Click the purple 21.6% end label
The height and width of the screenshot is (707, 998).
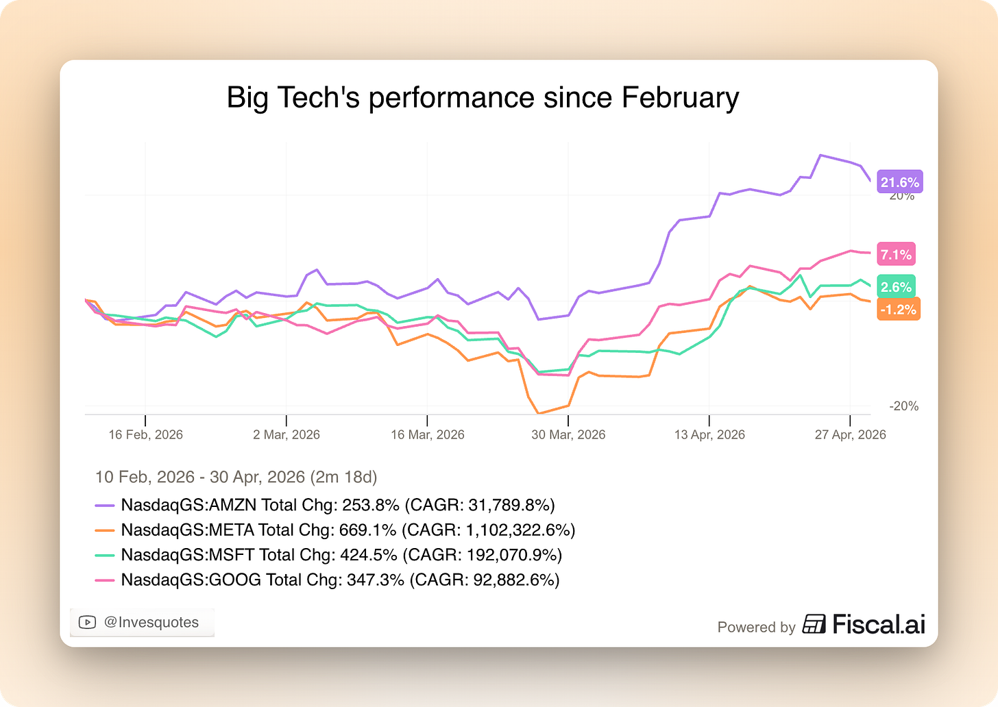click(899, 182)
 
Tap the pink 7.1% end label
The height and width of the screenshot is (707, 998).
click(896, 253)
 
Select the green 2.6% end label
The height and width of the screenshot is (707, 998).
click(896, 286)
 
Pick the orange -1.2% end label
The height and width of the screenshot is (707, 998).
click(898, 309)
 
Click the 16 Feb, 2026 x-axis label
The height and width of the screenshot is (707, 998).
click(146, 434)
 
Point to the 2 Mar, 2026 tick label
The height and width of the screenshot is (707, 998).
click(287, 434)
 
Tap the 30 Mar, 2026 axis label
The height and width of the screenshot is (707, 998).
click(568, 434)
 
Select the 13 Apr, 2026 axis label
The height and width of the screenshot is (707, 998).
click(709, 434)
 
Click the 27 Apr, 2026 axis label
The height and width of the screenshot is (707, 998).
click(850, 434)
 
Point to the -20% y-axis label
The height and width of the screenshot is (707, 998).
click(903, 406)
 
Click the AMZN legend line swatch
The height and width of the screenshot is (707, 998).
click(105, 506)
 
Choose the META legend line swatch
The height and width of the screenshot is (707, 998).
click(105, 530)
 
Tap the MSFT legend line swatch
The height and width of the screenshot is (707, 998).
click(105, 555)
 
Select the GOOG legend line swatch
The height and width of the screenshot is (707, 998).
click(105, 580)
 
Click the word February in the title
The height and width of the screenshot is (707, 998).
click(680, 98)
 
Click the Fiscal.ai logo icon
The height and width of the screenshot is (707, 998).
click(814, 623)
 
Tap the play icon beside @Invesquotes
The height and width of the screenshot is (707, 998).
click(87, 622)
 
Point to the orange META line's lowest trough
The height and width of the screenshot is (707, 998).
click(539, 412)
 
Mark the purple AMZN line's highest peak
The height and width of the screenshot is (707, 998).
click(820, 156)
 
